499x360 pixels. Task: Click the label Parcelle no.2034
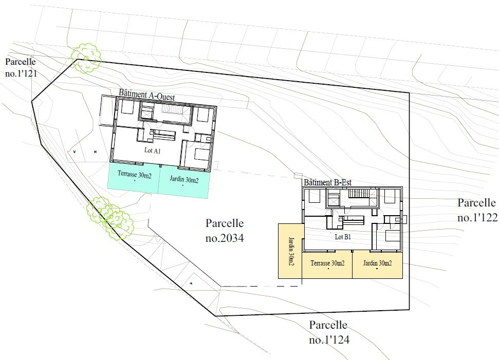click(x=225, y=230)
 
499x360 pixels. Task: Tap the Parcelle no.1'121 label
click(x=21, y=67)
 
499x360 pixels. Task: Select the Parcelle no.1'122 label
click(x=477, y=210)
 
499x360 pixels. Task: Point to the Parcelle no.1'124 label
click(x=329, y=332)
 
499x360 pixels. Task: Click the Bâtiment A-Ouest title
click(x=146, y=95)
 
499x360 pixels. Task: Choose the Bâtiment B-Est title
click(x=327, y=182)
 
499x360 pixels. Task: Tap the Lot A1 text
click(x=153, y=150)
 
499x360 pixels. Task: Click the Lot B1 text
click(x=343, y=237)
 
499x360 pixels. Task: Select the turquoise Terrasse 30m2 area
click(x=133, y=178)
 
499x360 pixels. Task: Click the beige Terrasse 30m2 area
click(x=327, y=265)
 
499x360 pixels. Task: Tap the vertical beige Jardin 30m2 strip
click(x=290, y=251)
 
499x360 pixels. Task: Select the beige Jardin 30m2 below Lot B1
click(x=377, y=265)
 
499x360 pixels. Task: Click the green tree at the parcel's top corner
click(x=86, y=58)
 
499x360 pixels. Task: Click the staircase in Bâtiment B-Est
click(x=358, y=194)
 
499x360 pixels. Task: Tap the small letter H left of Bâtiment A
click(x=95, y=152)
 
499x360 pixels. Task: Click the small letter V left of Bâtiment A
click(x=75, y=152)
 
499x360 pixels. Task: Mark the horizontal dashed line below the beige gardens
click(x=261, y=286)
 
